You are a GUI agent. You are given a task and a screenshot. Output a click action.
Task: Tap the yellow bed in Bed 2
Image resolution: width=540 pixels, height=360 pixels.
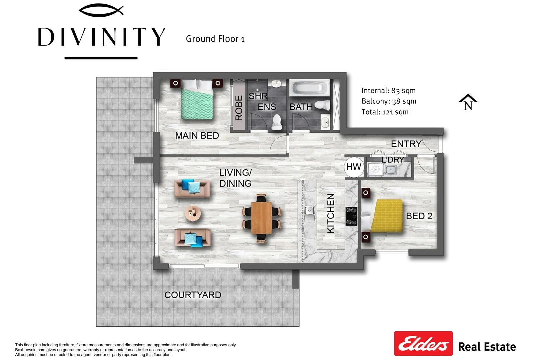(387, 216)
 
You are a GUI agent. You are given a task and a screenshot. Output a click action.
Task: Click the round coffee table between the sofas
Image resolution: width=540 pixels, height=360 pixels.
(193, 213)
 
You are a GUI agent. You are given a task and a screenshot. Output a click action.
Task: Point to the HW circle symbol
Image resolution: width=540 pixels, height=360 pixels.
(354, 167)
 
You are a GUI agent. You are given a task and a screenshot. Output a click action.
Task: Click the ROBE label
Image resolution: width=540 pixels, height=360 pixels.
(239, 108)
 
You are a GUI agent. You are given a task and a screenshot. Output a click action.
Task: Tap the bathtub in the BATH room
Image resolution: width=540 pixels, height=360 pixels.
(310, 89)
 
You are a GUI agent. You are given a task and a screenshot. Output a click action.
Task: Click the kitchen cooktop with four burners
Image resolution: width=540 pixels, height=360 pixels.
(351, 216)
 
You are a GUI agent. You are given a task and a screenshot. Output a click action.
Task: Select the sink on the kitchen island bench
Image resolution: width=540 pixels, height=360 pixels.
(310, 211)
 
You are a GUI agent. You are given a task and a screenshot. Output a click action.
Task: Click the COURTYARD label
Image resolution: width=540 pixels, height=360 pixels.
(193, 295)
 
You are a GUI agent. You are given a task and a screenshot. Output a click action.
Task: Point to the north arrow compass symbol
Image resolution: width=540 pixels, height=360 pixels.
(468, 102)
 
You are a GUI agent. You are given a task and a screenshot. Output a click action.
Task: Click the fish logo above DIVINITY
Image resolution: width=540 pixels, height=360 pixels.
(101, 11)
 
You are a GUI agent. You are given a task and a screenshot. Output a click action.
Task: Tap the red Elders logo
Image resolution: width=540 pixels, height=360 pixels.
(423, 343)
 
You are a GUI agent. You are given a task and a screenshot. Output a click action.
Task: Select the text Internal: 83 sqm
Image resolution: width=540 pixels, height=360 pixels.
(388, 91)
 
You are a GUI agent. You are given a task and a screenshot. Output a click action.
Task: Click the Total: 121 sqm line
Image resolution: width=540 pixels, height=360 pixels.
(385, 112)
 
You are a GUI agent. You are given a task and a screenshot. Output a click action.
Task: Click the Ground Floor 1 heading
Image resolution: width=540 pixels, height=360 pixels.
(215, 39)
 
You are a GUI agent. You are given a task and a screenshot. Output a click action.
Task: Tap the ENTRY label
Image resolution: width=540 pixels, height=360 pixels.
(406, 144)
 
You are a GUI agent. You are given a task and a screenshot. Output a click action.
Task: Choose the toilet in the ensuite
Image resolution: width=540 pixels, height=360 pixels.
(277, 122)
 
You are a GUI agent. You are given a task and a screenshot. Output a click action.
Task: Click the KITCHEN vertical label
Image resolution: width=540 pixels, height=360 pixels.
(330, 213)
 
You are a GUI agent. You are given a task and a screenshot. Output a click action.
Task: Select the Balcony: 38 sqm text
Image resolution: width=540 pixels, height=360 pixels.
(389, 101)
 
